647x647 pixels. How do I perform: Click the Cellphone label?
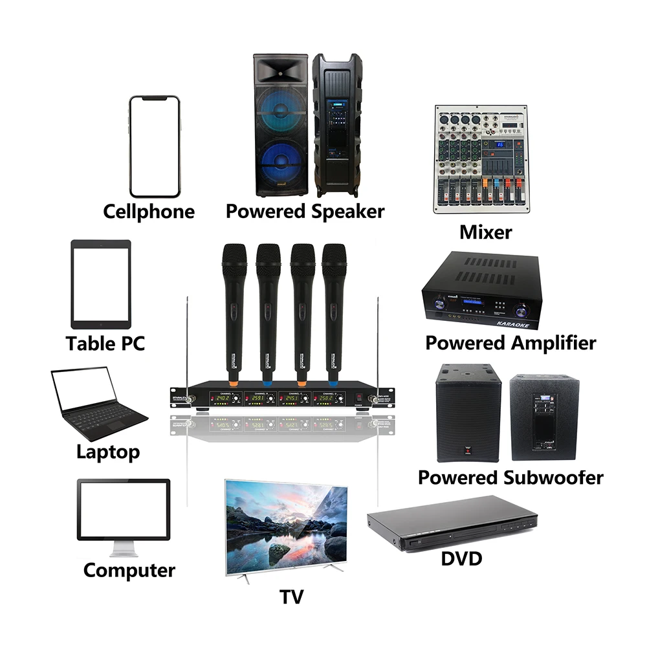click(149, 212)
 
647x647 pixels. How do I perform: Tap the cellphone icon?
click(154, 147)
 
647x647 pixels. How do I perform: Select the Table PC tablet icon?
click(100, 285)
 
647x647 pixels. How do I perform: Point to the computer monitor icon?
click(123, 511)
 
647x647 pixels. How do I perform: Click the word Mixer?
click(485, 232)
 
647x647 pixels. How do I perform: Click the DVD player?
click(453, 524)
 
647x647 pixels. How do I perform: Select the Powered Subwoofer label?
click(510, 477)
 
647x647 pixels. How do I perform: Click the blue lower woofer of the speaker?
click(281, 165)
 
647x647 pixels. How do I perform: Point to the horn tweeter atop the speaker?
click(281, 71)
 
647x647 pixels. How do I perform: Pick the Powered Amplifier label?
click(510, 343)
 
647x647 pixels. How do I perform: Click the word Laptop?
click(107, 451)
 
